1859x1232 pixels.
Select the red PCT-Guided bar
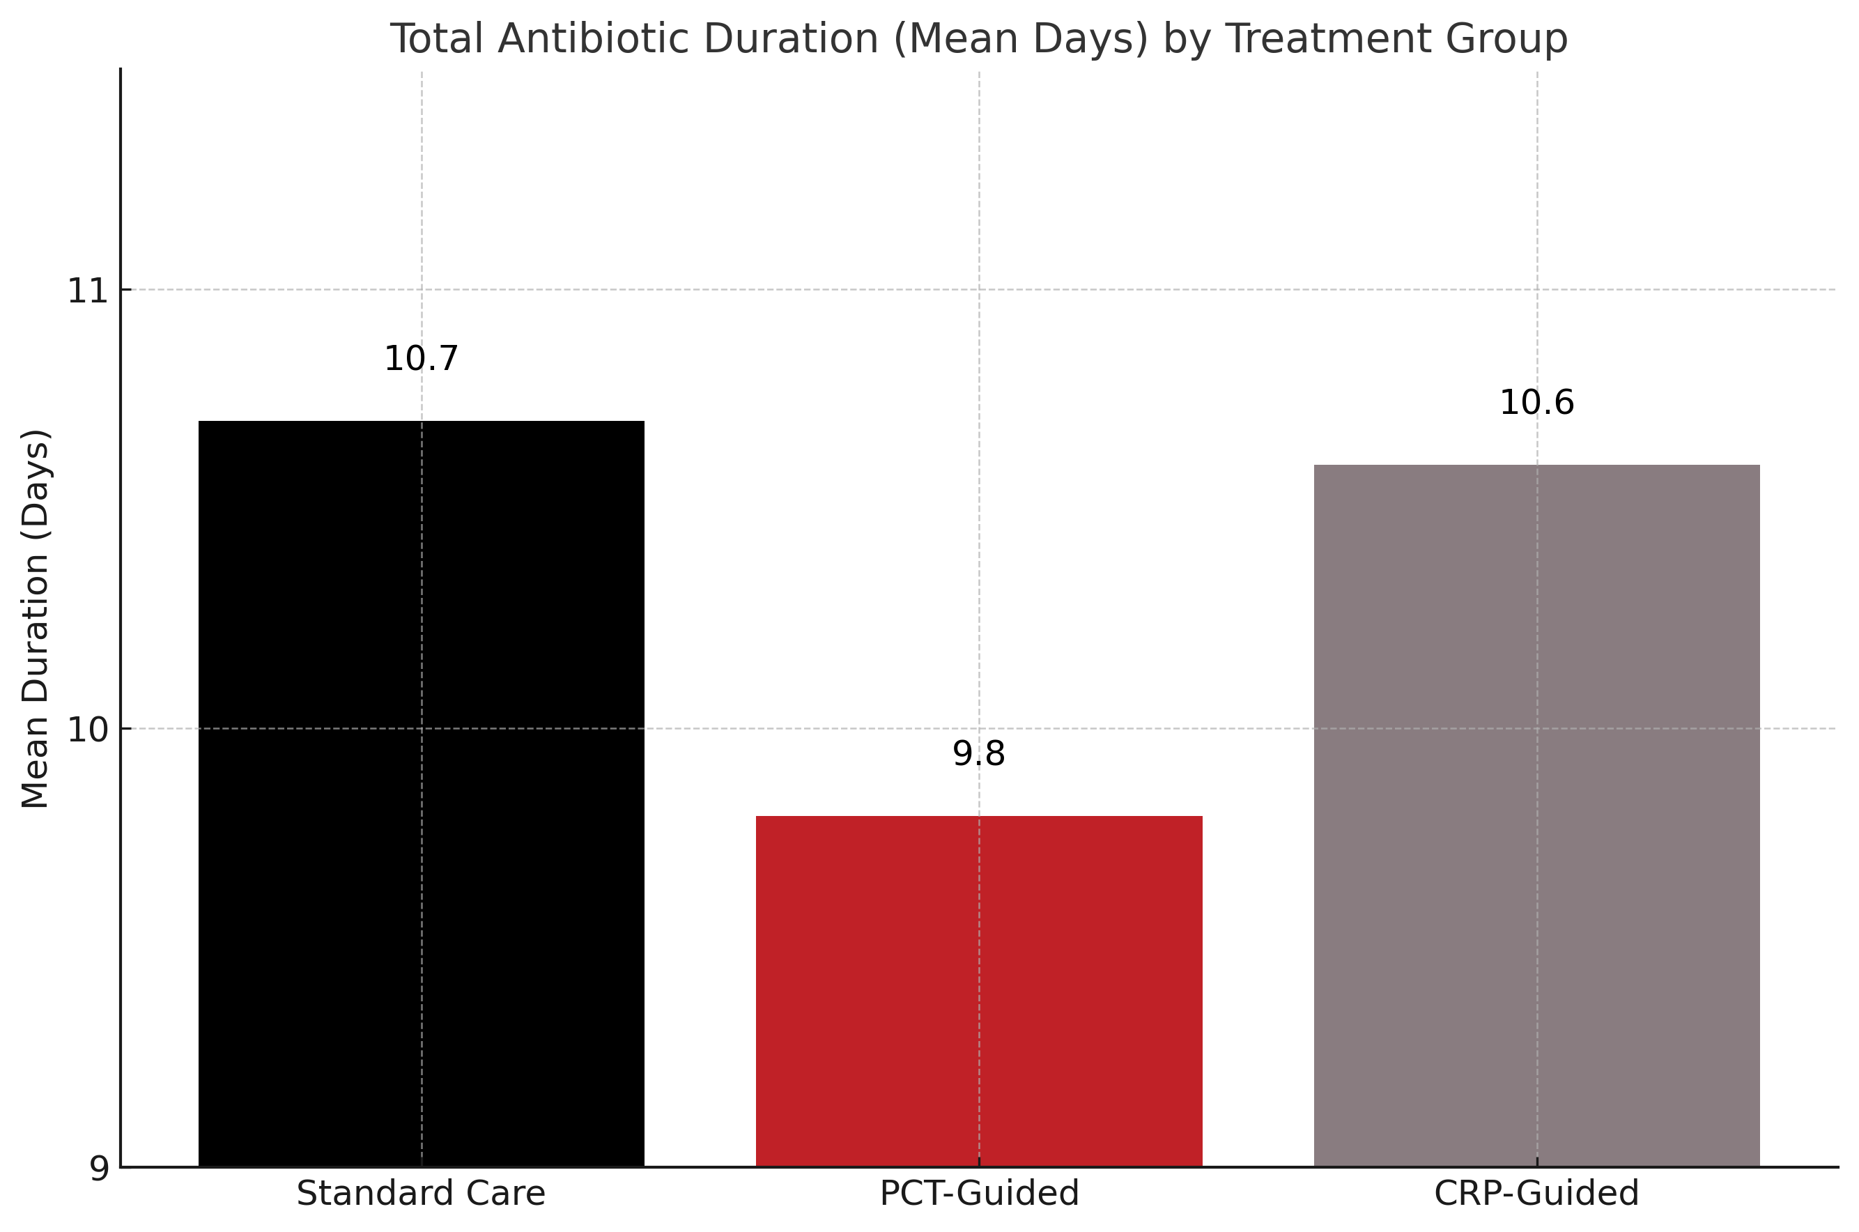click(979, 992)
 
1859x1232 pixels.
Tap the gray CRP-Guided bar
click(1537, 815)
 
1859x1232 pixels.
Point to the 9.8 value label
click(979, 754)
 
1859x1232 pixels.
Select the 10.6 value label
click(1537, 403)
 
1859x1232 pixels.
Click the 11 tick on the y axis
click(86, 291)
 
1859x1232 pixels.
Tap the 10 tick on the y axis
click(86, 730)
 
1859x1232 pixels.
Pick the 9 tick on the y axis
click(98, 1169)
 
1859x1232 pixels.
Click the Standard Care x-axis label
click(421, 1194)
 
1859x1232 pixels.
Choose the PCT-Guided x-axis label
click(979, 1194)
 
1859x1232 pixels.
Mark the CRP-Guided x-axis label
click(1537, 1194)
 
